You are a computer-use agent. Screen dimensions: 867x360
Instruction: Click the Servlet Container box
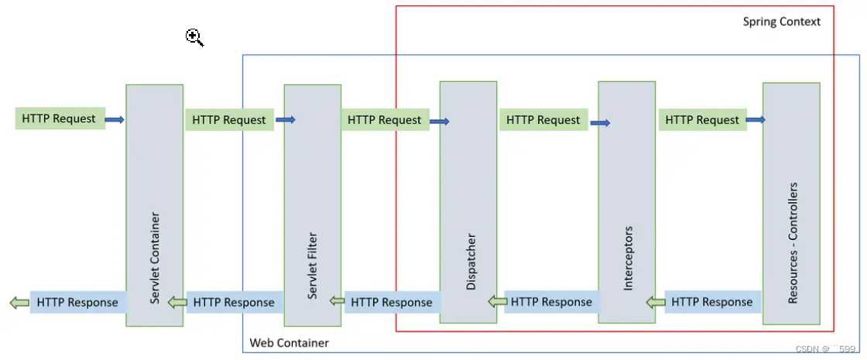point(154,205)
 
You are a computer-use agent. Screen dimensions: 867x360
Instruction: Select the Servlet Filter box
point(313,205)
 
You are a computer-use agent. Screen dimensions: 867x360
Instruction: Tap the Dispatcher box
point(468,202)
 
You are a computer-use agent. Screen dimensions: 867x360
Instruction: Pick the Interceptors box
point(626,202)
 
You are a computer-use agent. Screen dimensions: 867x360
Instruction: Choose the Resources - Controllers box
point(791,204)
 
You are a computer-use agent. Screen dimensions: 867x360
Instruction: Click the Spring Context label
point(781,22)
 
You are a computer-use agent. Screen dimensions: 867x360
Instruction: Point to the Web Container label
point(290,343)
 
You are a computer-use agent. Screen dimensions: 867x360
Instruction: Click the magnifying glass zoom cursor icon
point(194,38)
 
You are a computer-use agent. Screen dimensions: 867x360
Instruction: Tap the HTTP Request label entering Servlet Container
point(60,118)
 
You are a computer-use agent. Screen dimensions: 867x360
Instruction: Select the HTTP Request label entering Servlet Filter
point(229,119)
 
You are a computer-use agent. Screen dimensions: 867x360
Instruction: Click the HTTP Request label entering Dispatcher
point(385,119)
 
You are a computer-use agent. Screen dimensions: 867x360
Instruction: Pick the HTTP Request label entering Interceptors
point(543,119)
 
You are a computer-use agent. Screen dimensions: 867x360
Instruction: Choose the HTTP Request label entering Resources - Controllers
point(702,119)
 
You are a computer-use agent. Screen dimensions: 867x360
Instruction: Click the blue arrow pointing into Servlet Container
point(115,119)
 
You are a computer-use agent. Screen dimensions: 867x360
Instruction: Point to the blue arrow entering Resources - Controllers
point(756,119)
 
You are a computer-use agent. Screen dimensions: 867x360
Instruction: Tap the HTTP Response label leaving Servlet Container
point(77,303)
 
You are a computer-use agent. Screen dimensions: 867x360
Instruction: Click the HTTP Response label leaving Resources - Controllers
point(712,303)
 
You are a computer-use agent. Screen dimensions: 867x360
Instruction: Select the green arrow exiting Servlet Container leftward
point(19,303)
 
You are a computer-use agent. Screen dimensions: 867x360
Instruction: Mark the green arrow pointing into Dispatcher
point(498,302)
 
